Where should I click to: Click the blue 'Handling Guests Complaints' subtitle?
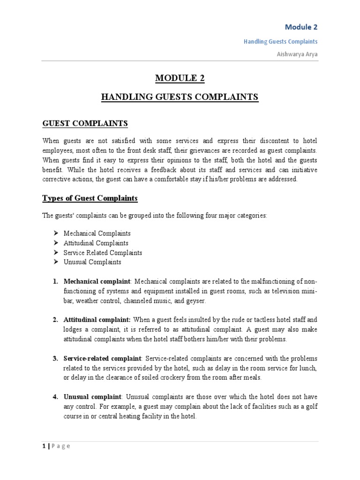tap(280, 41)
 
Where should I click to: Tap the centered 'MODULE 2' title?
tap(180, 78)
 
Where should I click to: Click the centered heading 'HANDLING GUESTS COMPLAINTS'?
tap(180, 97)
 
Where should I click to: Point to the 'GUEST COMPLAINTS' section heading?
tap(85, 123)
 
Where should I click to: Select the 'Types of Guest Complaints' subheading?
tap(90, 198)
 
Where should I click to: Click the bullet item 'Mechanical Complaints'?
tap(97, 233)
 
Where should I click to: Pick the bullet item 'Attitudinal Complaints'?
tap(96, 243)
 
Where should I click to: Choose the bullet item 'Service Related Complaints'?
tap(103, 253)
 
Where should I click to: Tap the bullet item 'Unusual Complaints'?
tap(92, 262)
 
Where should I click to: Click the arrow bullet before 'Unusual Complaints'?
tap(56, 262)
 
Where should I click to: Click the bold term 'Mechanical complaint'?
tap(97, 281)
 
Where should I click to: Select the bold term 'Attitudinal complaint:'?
tap(97, 320)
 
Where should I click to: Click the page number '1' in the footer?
tap(43, 446)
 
